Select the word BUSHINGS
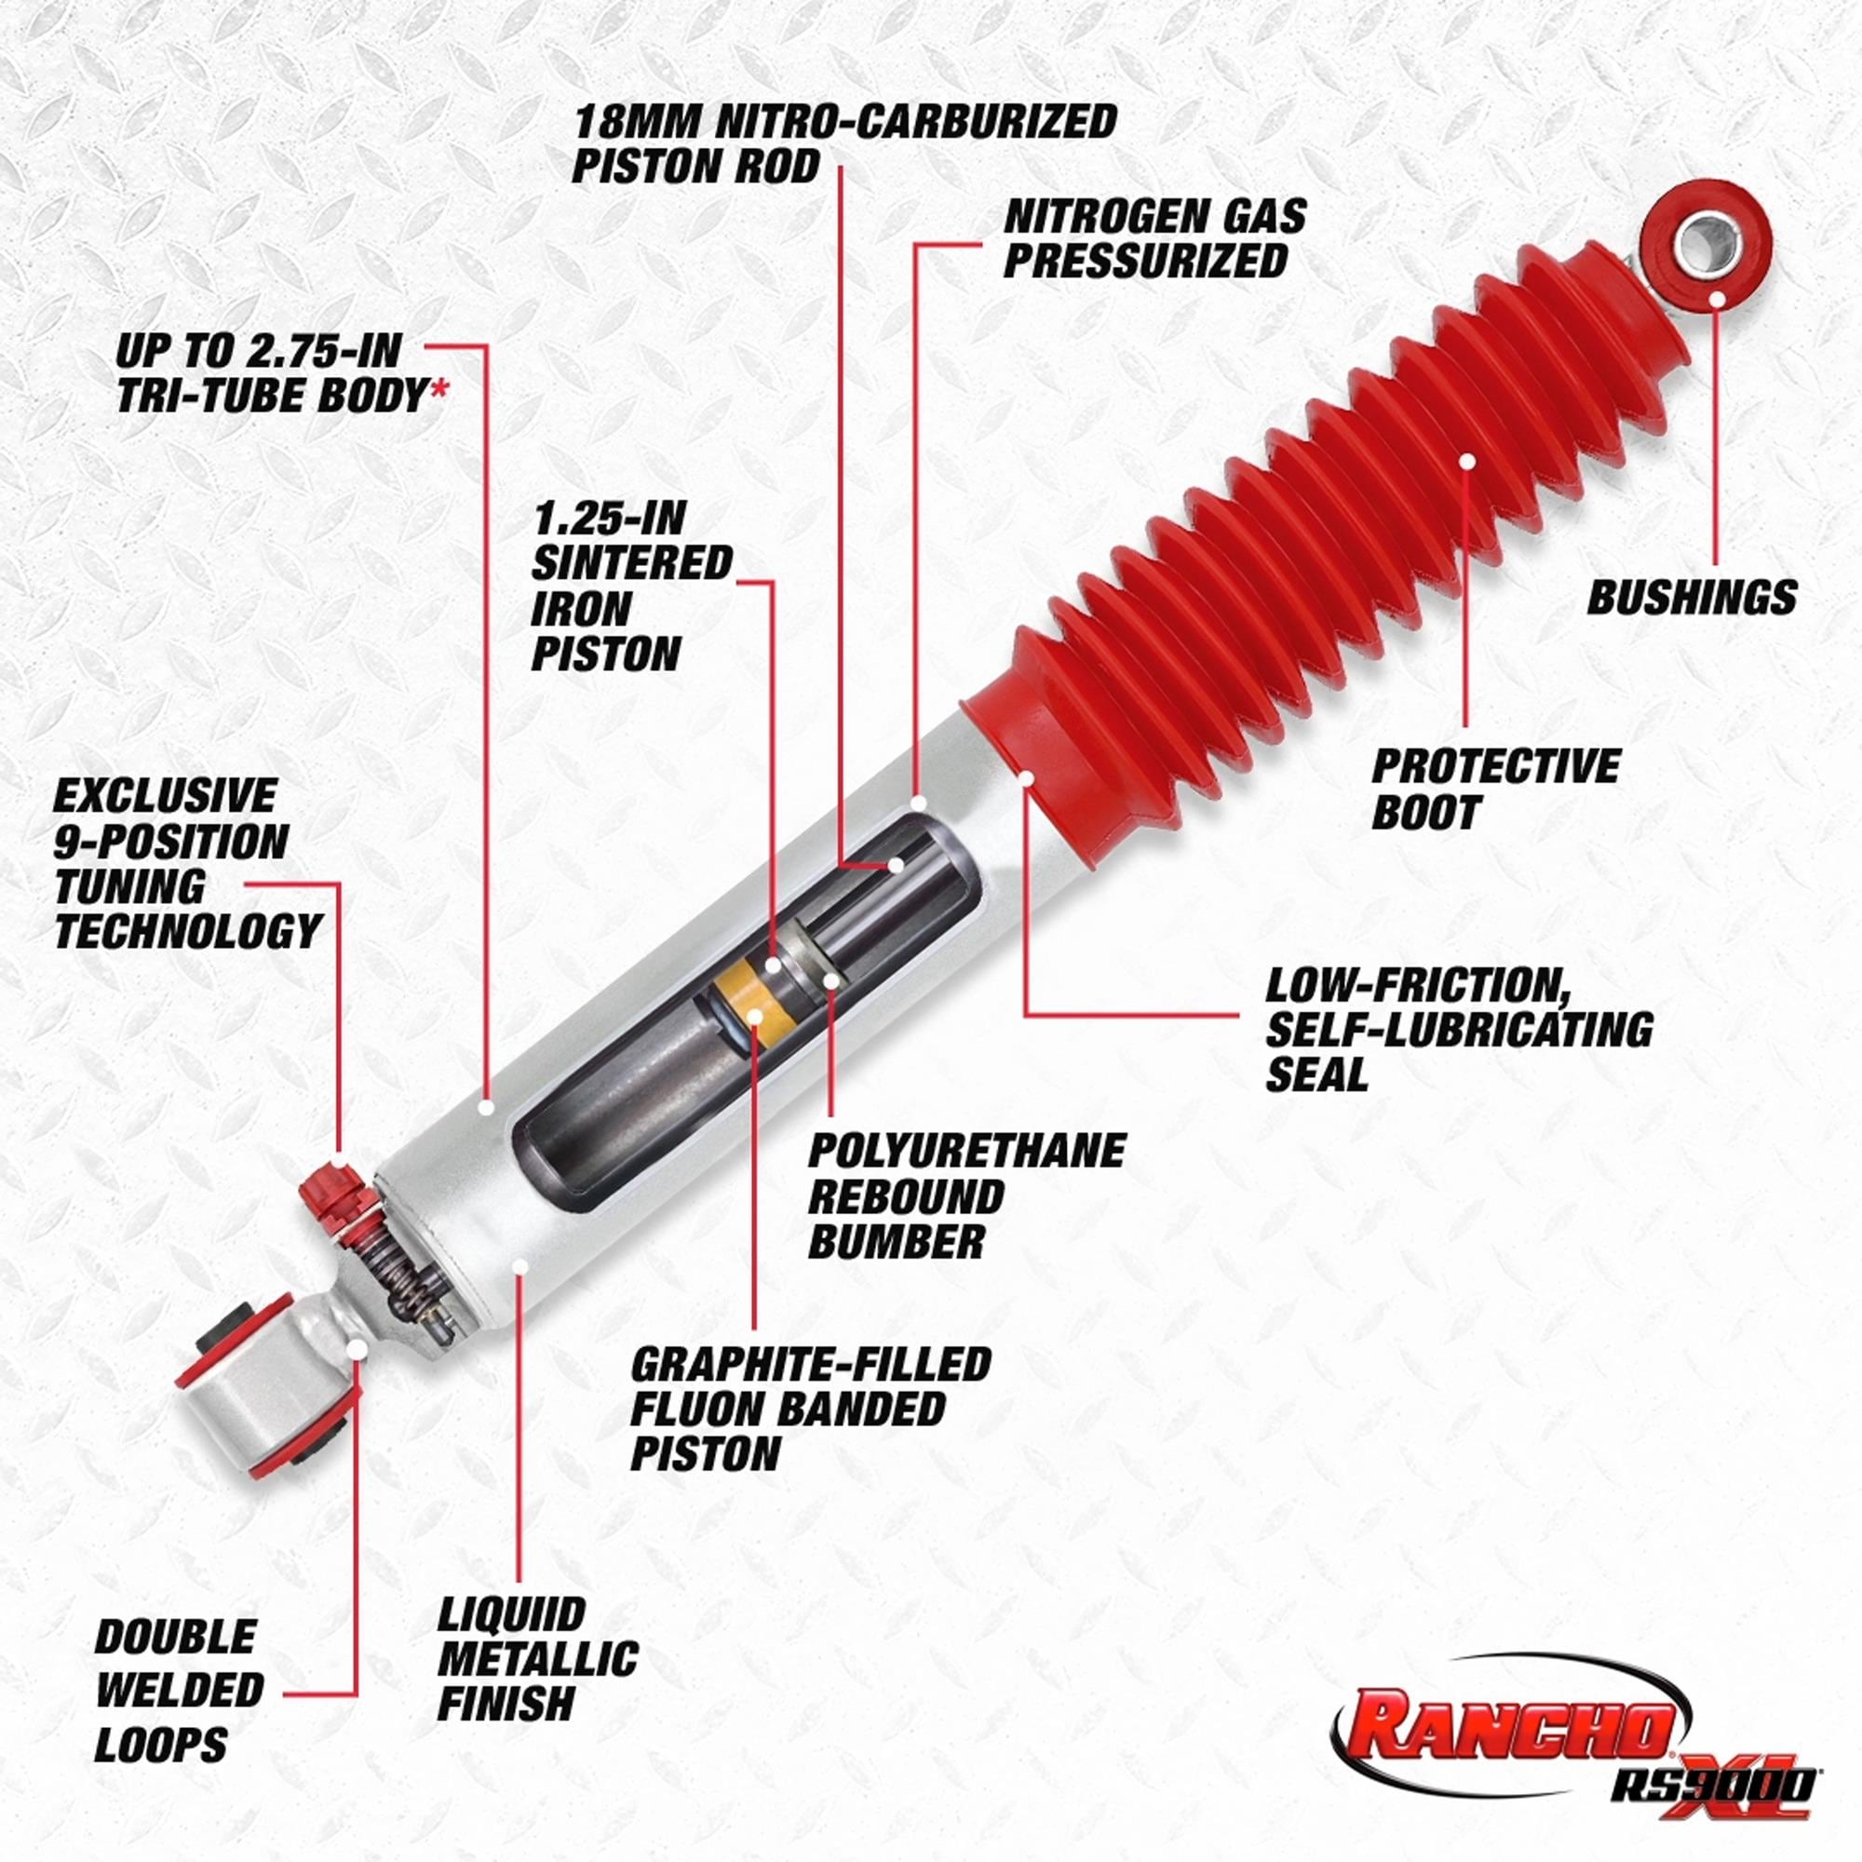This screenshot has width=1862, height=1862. (1692, 598)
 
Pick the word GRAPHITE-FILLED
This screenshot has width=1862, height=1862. (811, 1364)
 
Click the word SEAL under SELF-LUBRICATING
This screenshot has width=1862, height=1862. (1316, 1074)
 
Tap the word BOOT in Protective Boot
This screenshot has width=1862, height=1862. (1424, 813)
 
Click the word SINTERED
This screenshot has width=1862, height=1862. (632, 563)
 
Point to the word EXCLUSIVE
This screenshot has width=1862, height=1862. (165, 796)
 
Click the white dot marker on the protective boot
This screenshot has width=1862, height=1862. (1467, 462)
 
